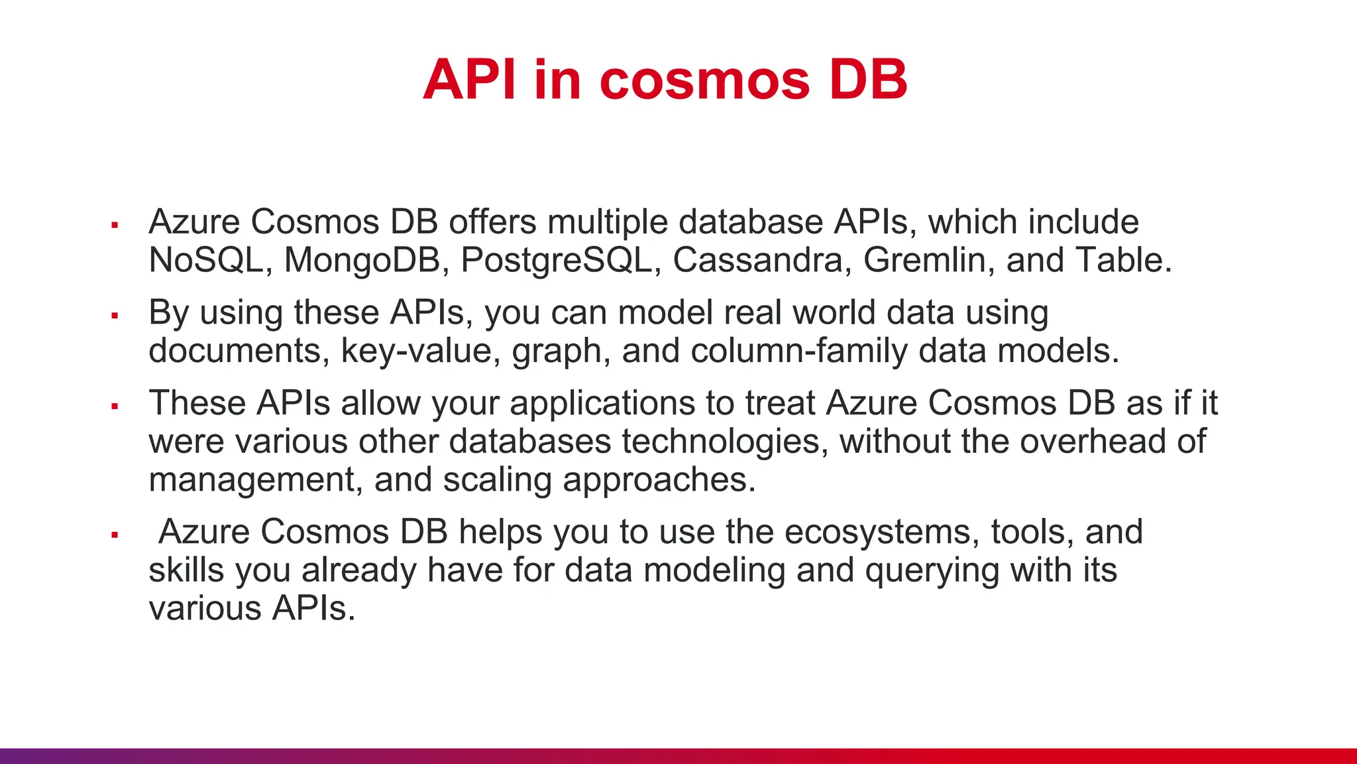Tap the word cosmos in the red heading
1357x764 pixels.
pos(704,81)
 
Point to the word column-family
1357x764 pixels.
pos(798,351)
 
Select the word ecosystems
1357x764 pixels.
pos(881,532)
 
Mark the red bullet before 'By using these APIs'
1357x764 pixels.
pos(115,316)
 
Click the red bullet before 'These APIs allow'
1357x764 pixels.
pos(115,406)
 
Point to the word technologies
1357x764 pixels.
pos(724,442)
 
